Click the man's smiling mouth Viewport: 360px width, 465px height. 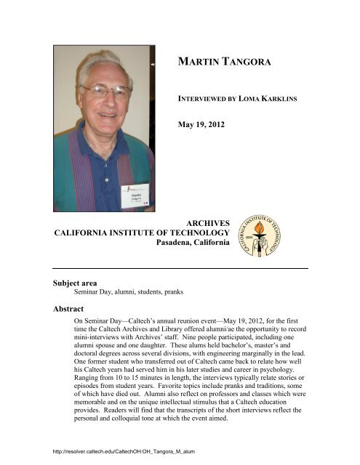coord(110,115)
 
